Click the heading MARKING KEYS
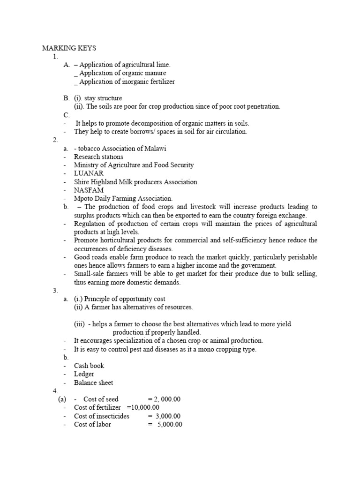69,48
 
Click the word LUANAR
89,173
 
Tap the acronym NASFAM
89,190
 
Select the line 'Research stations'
99,157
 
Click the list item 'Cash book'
89,366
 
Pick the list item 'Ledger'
84,374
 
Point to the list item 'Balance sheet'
93,382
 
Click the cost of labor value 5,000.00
169,425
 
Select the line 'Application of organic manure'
123,73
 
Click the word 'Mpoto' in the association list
83,199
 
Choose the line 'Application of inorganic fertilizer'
127,82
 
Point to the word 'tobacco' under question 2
90,148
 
